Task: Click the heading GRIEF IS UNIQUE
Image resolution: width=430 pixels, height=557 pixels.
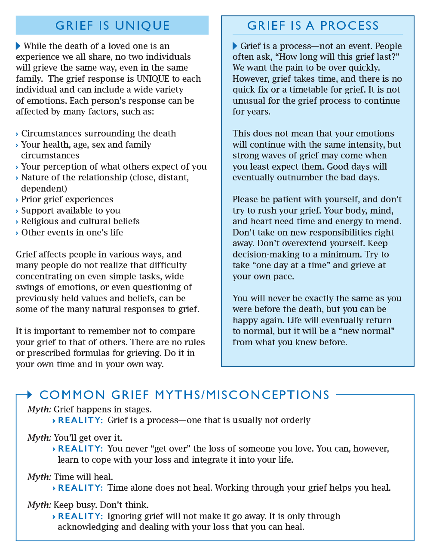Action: point(112,26)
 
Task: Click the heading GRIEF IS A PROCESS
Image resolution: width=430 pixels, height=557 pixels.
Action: point(313,26)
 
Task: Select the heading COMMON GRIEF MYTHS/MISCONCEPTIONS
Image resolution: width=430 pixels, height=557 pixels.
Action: point(184,395)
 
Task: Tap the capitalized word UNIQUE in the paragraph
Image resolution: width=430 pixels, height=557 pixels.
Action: point(153,79)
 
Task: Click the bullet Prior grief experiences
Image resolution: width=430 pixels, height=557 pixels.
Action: point(67,199)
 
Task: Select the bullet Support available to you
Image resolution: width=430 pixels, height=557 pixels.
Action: point(71,210)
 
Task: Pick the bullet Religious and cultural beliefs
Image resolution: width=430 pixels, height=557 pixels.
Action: point(80,221)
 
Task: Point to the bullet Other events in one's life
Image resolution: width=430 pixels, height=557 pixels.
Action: point(72,232)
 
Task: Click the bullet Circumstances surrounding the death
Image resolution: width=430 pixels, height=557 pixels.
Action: point(98,133)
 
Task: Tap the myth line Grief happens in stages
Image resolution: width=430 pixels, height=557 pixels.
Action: point(89,409)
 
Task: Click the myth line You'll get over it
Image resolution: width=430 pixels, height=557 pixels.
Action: point(75,438)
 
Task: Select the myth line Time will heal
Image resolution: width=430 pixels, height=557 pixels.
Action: point(70,477)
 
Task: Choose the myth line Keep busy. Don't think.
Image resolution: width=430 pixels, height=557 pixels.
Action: point(88,505)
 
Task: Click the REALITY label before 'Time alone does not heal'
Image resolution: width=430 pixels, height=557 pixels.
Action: point(80,488)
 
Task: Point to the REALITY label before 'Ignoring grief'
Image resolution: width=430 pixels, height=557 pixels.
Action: point(80,516)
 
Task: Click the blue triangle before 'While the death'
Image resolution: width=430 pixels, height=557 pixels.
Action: point(18,46)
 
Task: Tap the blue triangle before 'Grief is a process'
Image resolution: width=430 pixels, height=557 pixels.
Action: point(235,46)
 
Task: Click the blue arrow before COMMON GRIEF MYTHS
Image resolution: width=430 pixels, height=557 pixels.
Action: point(29,394)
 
